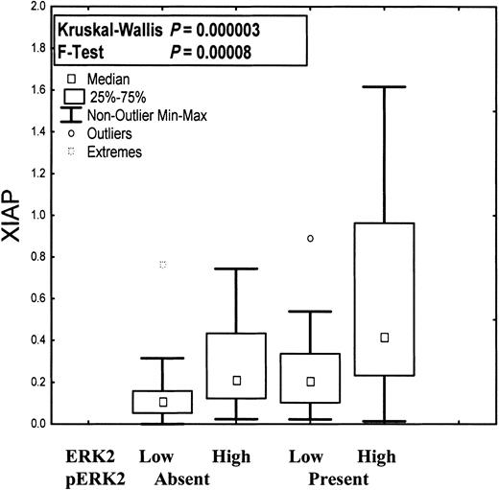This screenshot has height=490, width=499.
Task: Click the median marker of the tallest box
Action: [385, 338]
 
